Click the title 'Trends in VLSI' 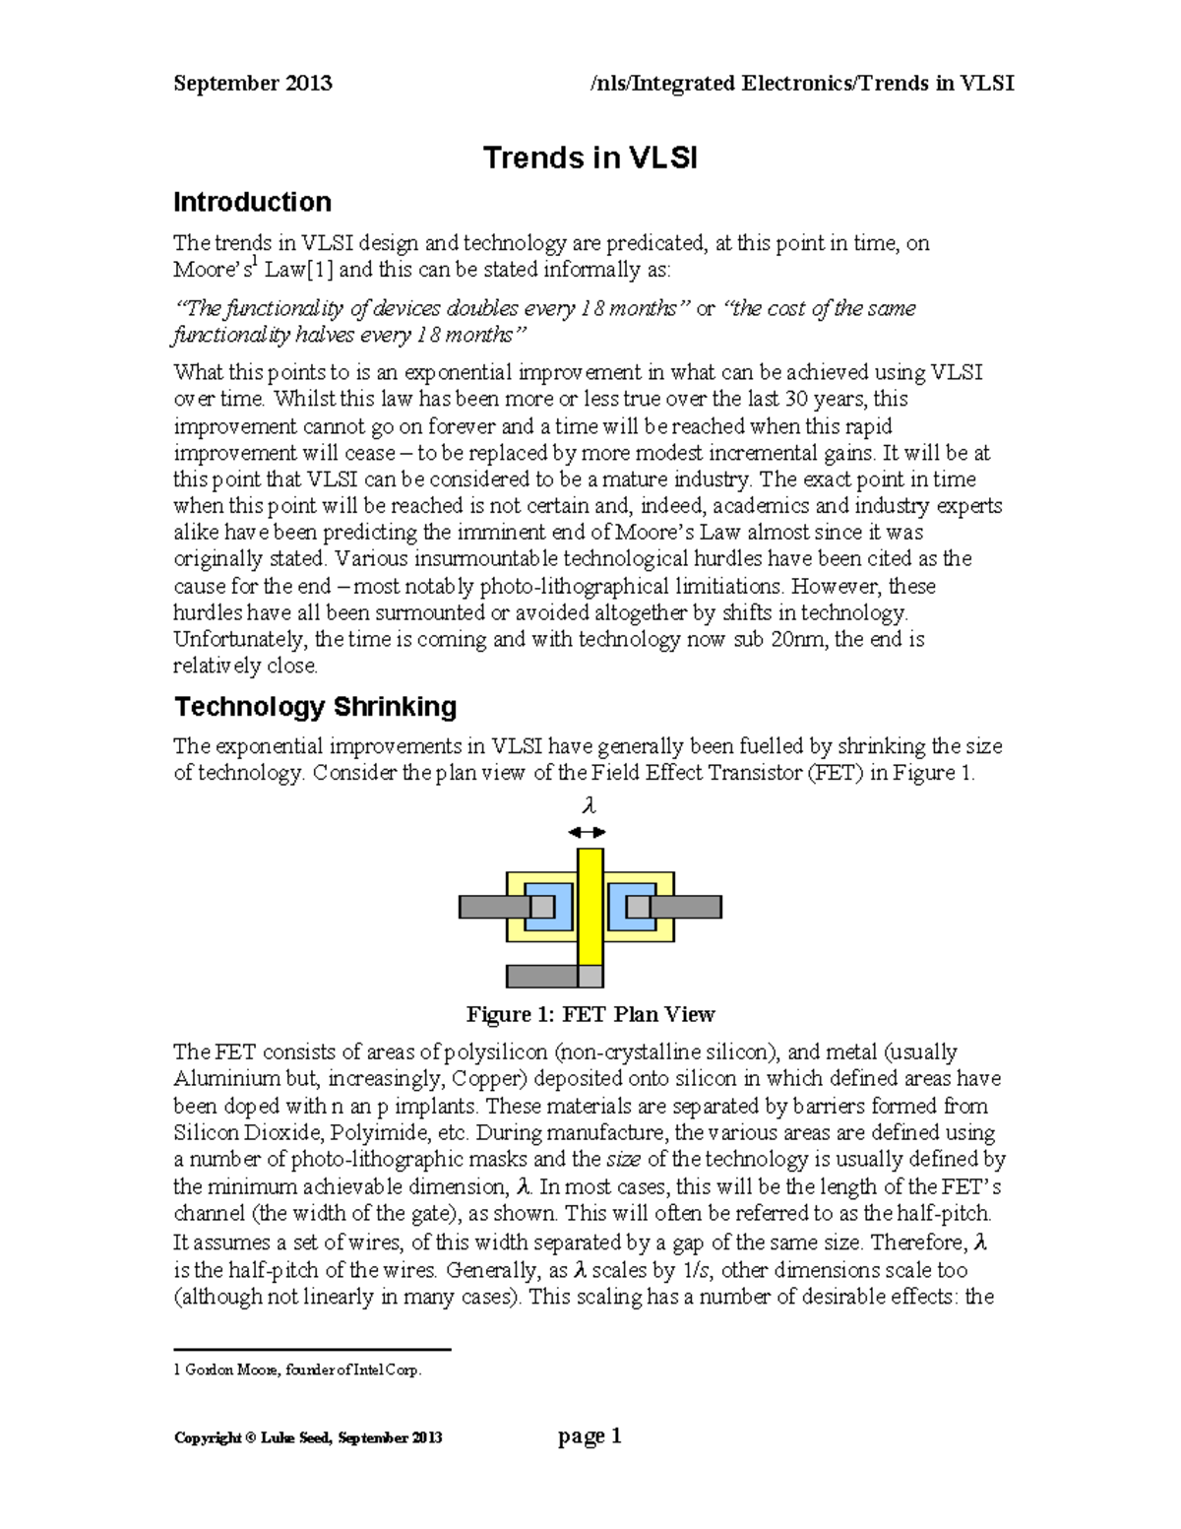tap(590, 158)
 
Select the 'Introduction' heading tap(252, 202)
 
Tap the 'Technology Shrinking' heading tap(315, 707)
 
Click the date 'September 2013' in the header tap(253, 84)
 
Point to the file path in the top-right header tap(801, 84)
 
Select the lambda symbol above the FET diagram tap(590, 806)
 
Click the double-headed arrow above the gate tap(588, 832)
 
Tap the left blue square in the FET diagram tap(548, 907)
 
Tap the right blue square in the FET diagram tap(631, 907)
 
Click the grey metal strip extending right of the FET tap(689, 907)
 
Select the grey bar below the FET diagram tap(541, 976)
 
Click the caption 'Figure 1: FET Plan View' tap(590, 1014)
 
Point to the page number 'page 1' tap(590, 1436)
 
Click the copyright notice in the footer tap(308, 1437)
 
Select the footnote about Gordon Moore tap(297, 1370)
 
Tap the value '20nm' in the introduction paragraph tap(797, 640)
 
